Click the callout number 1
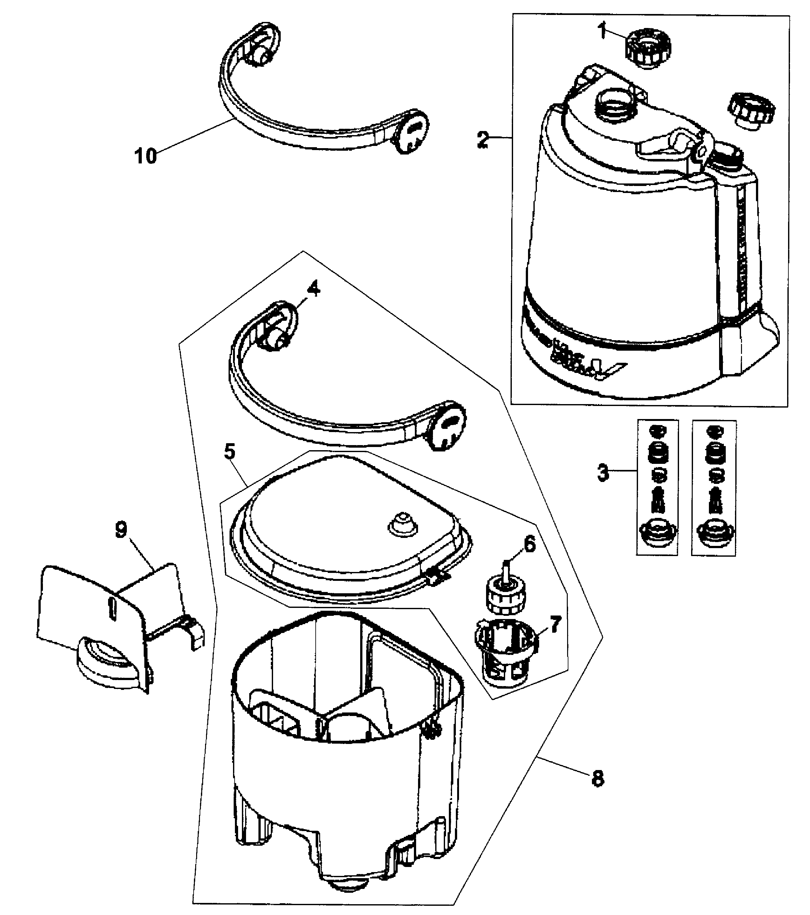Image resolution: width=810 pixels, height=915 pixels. click(602, 32)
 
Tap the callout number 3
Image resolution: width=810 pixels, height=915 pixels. click(603, 473)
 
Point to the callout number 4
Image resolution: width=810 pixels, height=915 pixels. click(313, 290)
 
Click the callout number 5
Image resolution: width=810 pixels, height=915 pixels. click(229, 452)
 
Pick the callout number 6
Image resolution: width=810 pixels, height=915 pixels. click(529, 545)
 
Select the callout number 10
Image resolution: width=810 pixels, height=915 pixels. click(146, 156)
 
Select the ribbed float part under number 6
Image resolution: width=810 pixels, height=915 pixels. click(506, 596)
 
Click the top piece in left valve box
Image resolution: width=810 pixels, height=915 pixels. click(657, 431)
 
